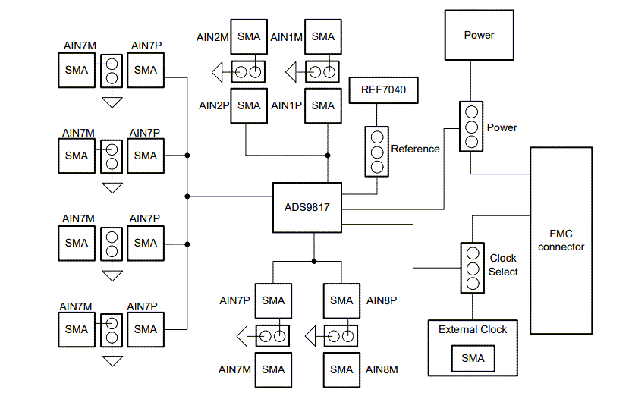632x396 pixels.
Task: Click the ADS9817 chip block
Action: (x=307, y=207)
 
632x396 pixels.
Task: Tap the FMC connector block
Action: (x=561, y=240)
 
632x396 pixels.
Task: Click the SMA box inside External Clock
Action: (x=473, y=358)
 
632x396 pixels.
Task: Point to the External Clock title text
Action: (x=473, y=329)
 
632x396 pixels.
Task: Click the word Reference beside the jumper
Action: (x=415, y=149)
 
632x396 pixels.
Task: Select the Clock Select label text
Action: (x=503, y=265)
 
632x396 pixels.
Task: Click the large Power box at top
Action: (x=479, y=35)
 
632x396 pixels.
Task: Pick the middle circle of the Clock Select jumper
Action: (x=472, y=269)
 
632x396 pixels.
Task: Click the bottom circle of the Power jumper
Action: (x=471, y=142)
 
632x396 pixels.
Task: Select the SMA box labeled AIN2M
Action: (x=249, y=36)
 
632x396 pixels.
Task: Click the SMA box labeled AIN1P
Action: (x=323, y=105)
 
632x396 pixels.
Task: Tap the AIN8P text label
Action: (x=382, y=300)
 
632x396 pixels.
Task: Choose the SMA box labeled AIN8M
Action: (x=342, y=369)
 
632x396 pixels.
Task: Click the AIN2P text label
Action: (x=214, y=105)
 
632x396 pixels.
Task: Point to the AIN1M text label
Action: (x=288, y=36)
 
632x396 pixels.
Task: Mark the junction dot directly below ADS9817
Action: (x=313, y=261)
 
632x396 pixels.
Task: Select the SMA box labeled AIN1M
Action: (x=323, y=36)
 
